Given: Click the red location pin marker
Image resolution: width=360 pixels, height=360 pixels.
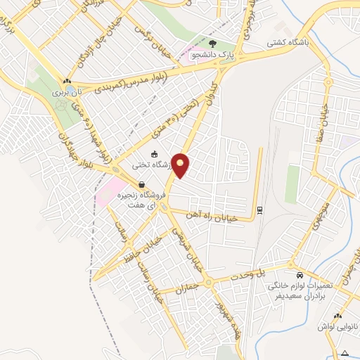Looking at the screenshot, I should pos(181,166).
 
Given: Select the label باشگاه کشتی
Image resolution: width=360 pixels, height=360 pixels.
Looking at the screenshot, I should pos(288,42).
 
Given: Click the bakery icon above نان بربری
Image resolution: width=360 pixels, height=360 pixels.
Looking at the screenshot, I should pos(67,80).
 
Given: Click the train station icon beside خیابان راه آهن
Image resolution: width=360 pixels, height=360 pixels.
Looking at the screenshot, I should pos(260,209).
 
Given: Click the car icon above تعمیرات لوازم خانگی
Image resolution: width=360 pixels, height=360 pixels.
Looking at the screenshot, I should pos(300,275).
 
